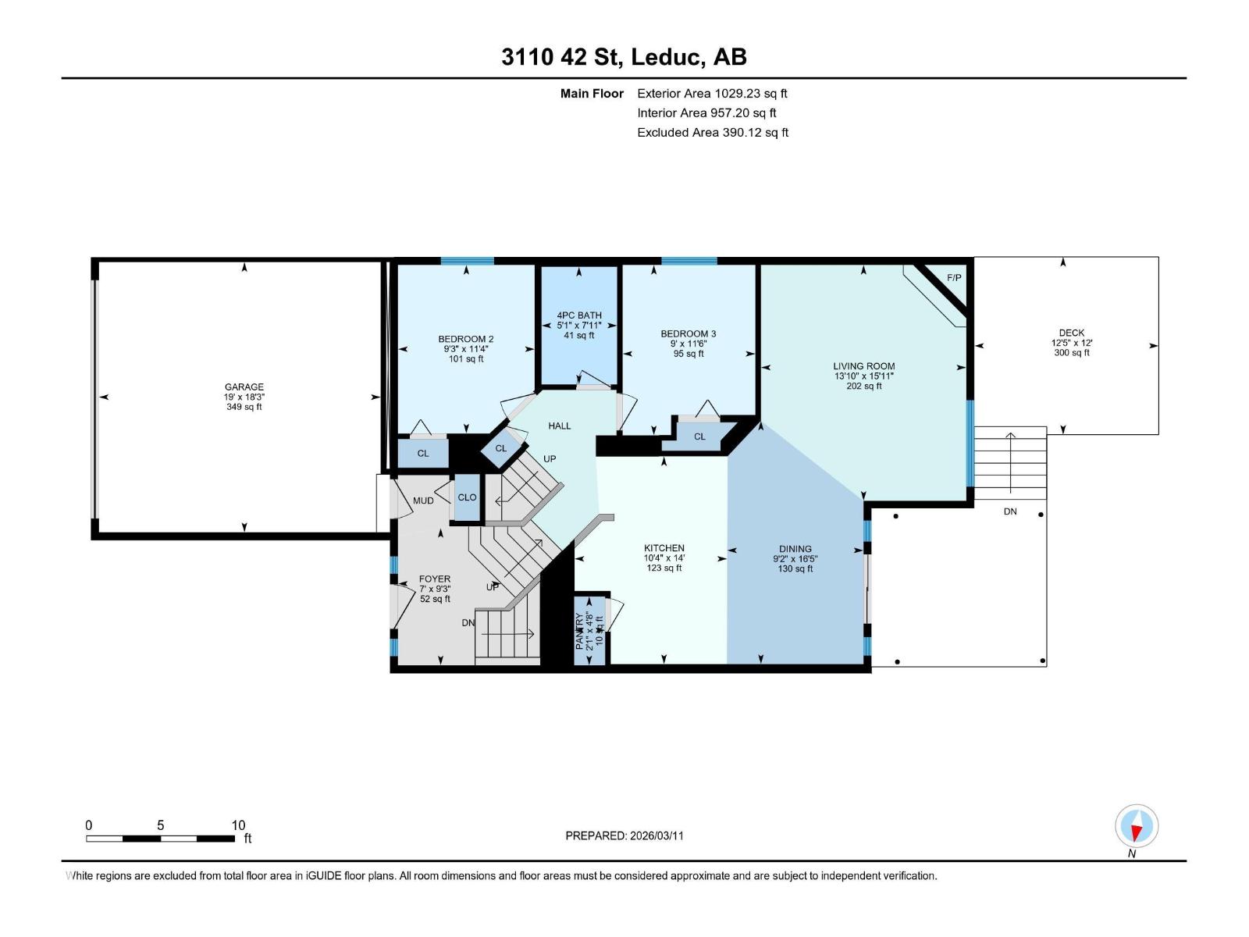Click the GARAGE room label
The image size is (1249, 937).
[x=244, y=387]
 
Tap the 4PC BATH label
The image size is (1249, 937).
[x=579, y=315]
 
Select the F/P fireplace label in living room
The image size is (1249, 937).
[x=954, y=278]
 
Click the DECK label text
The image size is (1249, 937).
[x=1071, y=333]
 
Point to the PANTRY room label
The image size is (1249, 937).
[x=579, y=631]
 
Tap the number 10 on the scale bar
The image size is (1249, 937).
[x=238, y=825]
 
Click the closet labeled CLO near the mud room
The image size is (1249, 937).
[x=467, y=497]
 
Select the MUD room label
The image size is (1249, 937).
[x=423, y=501]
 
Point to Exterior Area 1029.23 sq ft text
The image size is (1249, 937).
[x=712, y=94]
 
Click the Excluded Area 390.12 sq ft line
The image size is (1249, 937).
[x=712, y=133]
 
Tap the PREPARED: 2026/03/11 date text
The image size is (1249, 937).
[x=624, y=835]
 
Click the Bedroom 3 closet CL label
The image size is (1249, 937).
[x=699, y=436]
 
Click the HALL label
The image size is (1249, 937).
[x=559, y=426]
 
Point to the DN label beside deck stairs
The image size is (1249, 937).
[x=1010, y=511]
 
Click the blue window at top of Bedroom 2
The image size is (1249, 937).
[x=467, y=261]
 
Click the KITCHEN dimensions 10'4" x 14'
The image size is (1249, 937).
[x=664, y=558]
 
